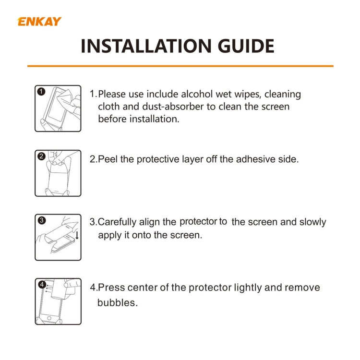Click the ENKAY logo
click(39, 22)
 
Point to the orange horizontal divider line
click(180, 66)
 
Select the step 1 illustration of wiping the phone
click(58, 108)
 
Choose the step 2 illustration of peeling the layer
click(58, 173)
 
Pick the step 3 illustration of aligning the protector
click(58, 237)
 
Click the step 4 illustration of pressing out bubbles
click(58, 301)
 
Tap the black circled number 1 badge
click(41, 92)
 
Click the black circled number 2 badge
click(41, 156)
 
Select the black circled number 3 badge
click(41, 221)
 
